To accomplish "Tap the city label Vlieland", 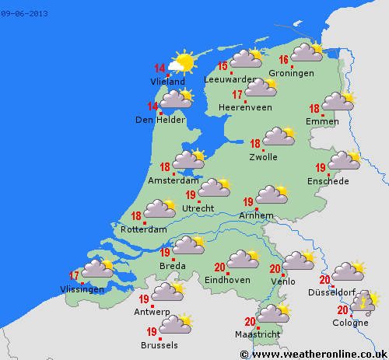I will pos(167,82).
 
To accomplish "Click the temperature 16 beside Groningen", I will pos(284,60).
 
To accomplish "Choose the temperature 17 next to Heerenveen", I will pos(237,94).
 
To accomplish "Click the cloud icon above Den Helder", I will pos(176,99).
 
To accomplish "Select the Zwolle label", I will pos(263,157).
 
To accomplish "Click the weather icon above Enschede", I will pos(344,160).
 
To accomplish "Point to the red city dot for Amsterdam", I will pos(177,173).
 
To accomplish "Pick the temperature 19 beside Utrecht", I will pos(191,194).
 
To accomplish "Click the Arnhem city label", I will pos(257,215).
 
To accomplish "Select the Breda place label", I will pos(173,266).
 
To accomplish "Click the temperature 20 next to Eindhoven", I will pos(219,267).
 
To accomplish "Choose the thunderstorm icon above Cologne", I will pos(363,302).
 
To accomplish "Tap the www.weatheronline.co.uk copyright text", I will pos(314,354).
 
